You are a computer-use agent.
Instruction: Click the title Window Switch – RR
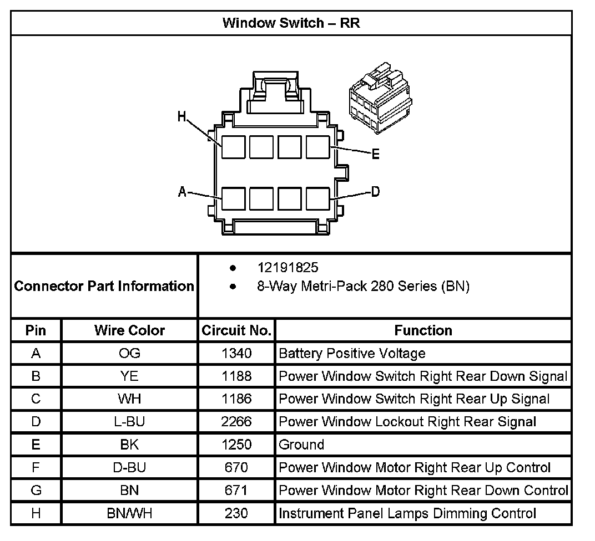pos(291,23)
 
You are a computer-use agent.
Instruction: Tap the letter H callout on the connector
pos(181,116)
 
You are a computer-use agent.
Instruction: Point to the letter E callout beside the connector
pos(375,155)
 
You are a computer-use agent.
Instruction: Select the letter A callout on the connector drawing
pos(182,192)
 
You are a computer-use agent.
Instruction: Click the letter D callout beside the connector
pos(375,192)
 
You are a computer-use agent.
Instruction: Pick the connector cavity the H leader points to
pos(233,147)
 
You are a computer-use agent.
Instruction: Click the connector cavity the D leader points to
pos(317,198)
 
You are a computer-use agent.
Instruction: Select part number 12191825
pos(288,268)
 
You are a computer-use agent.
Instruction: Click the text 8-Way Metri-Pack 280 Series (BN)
pos(363,287)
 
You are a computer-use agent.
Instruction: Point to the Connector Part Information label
pos(104,286)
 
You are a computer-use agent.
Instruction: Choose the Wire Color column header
pos(129,331)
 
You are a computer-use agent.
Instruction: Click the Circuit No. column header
pos(236,331)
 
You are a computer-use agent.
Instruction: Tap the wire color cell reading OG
pos(129,353)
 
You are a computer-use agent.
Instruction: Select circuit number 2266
pos(236,422)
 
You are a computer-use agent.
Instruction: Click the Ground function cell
pos(301,445)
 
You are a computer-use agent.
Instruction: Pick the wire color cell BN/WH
pos(129,513)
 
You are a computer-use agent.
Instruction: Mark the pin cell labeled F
pos(36,467)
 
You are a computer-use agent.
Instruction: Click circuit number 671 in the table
pos(236,490)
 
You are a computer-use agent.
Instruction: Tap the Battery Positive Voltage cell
pos(352,353)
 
